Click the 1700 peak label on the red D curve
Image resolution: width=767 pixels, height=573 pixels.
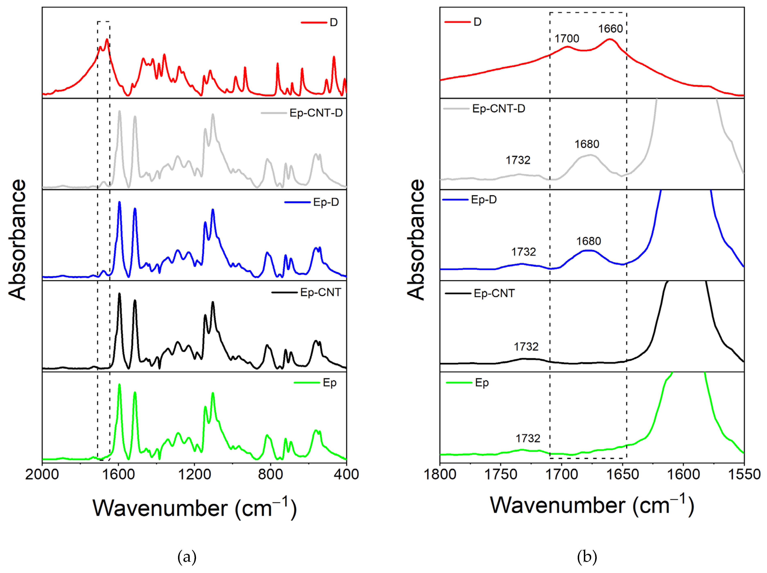[567, 38]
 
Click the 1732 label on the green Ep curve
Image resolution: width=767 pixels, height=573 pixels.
[528, 439]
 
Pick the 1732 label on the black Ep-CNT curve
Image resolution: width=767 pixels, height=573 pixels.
[526, 347]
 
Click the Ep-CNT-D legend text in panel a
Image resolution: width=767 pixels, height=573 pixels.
[316, 113]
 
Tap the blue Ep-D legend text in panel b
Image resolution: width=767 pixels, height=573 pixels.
[484, 200]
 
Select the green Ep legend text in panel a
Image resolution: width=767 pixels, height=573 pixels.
[329, 383]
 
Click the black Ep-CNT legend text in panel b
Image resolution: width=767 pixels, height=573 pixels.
[494, 293]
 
